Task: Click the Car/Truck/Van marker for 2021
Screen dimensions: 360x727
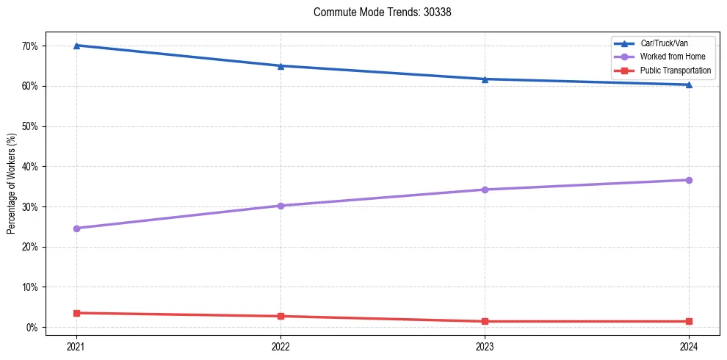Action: [x=76, y=46]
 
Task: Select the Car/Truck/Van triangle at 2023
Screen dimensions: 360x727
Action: [x=485, y=79]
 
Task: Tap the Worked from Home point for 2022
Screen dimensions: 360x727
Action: [x=281, y=206]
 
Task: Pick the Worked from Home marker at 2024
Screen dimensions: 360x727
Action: [x=689, y=180]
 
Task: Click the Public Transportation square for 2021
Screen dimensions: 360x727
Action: [x=76, y=313]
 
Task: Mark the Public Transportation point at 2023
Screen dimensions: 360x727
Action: [x=485, y=321]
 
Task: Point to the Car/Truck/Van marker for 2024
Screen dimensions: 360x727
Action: [x=689, y=84]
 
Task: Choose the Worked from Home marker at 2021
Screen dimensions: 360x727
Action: [x=76, y=228]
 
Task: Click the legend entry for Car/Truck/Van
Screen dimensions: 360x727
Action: [x=664, y=43]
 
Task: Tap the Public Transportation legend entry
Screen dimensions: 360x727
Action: [x=676, y=71]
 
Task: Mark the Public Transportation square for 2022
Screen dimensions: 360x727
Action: [x=281, y=316]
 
